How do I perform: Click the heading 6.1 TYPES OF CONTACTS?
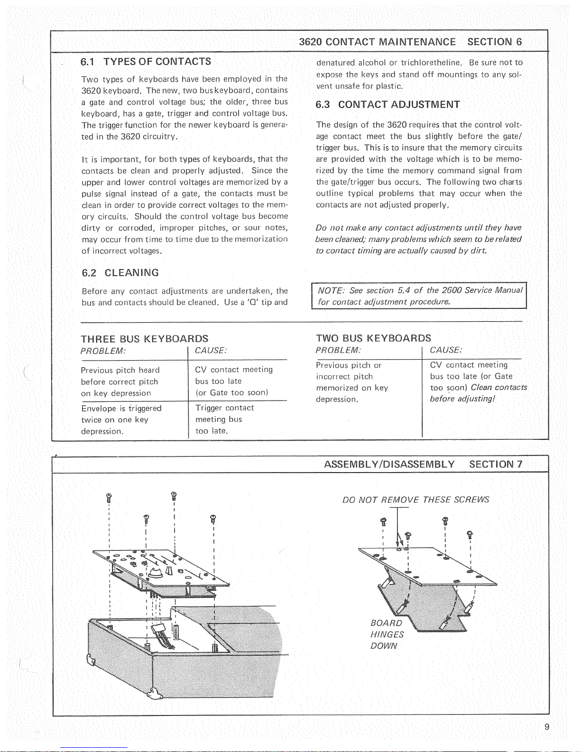(146, 62)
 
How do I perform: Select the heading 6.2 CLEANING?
(120, 273)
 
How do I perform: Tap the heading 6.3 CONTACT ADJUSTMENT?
(387, 105)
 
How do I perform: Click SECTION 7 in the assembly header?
(496, 464)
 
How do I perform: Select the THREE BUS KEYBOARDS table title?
(145, 339)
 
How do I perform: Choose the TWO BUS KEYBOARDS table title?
(373, 338)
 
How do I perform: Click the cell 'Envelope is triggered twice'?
(121, 420)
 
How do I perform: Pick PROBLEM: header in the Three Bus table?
(103, 351)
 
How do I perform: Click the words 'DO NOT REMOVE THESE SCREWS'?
(415, 500)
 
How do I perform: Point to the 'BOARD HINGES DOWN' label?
(387, 634)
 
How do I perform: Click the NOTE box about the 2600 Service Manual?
(419, 296)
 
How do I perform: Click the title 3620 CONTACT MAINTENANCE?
(377, 42)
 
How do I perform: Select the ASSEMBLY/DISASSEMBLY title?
(389, 464)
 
